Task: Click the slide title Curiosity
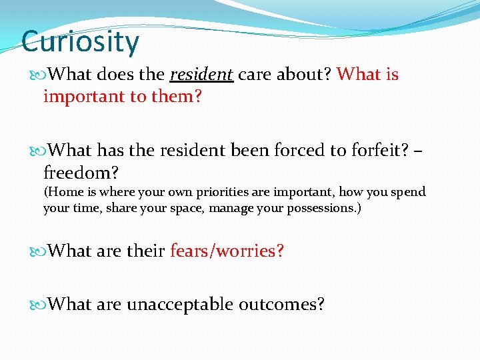(x=80, y=41)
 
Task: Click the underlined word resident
(x=201, y=75)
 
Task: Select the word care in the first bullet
(x=255, y=75)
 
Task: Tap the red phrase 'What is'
(x=367, y=75)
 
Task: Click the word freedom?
(x=81, y=173)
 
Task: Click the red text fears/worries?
(x=227, y=251)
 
